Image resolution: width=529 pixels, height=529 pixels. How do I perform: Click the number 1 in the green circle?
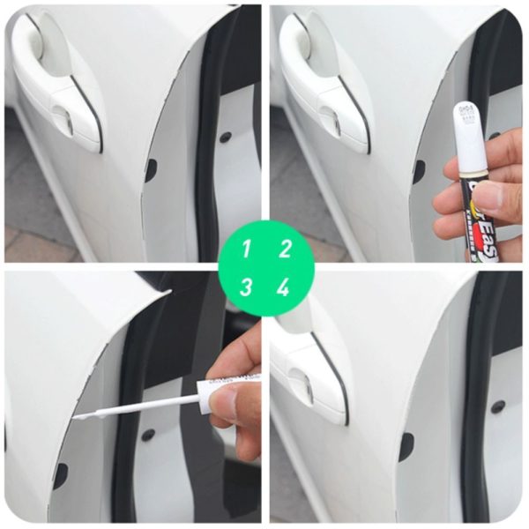coord(248,249)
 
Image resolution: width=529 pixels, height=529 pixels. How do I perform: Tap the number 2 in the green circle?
coord(284,249)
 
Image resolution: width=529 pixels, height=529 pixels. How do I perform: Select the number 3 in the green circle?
coord(248,287)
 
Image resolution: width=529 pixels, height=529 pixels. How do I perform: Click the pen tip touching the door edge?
coord(78,414)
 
